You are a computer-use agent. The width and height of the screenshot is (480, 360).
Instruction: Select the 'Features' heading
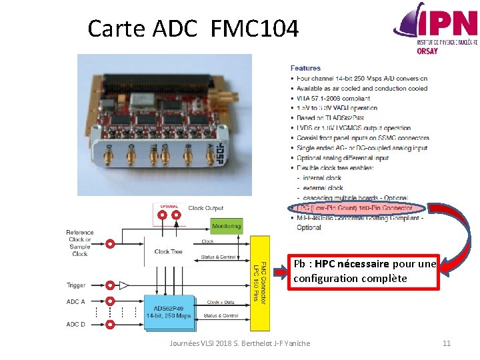pyautogui.click(x=305, y=68)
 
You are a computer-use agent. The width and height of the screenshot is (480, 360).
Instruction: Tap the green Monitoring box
pyautogui.click(x=227, y=226)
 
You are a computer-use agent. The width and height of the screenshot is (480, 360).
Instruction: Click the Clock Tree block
pyautogui.click(x=168, y=251)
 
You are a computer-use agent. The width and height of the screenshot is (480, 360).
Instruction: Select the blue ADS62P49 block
pyautogui.click(x=168, y=312)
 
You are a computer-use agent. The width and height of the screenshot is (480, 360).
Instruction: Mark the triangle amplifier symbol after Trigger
pyautogui.click(x=124, y=285)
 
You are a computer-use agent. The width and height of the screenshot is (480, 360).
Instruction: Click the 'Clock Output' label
pyautogui.click(x=206, y=208)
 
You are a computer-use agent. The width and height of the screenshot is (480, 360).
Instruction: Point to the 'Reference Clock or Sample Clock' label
pyautogui.click(x=80, y=243)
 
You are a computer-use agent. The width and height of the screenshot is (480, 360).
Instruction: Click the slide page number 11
pyautogui.click(x=447, y=343)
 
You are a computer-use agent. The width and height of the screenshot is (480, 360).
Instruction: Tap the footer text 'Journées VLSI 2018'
pyautogui.click(x=200, y=343)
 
